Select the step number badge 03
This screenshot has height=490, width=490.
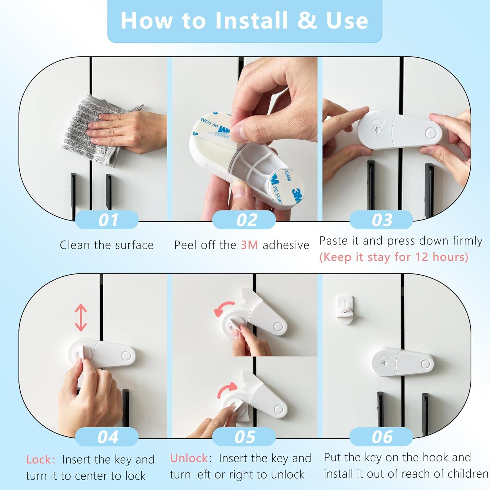[381, 220]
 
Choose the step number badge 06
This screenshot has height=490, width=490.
[381, 437]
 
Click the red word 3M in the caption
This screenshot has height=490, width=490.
[249, 245]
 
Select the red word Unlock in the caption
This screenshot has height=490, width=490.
[189, 458]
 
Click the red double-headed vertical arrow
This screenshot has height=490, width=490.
[81, 318]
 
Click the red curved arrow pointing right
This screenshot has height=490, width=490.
[227, 389]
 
